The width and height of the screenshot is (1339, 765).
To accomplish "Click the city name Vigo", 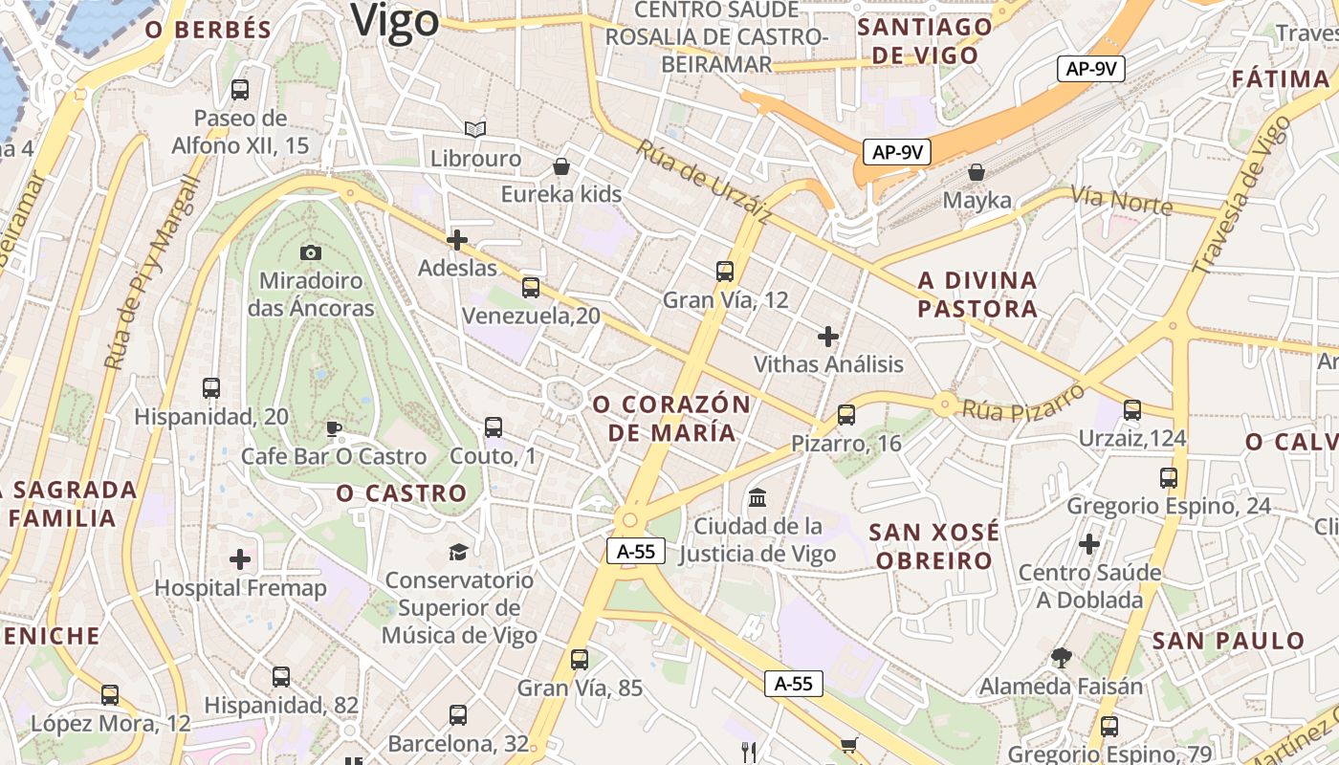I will click(395, 20).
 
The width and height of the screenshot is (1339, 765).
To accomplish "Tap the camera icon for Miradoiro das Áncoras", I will click(311, 252).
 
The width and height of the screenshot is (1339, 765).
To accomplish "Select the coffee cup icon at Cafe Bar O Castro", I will click(333, 427).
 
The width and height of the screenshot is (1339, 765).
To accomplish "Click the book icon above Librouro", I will click(475, 128).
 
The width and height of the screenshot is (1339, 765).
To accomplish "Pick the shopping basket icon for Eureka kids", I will click(561, 166).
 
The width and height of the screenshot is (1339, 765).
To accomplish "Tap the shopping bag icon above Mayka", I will click(977, 172).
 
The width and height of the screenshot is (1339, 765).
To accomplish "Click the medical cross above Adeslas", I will click(457, 240).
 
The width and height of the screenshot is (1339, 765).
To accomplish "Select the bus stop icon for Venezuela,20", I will click(531, 287).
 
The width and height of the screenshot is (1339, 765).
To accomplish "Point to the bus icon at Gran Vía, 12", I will click(725, 271).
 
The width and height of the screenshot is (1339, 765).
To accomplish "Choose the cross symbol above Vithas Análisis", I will click(828, 336).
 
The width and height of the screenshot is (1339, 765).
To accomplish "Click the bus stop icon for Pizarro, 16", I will click(846, 414).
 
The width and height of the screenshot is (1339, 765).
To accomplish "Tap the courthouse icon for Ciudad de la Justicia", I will click(758, 497).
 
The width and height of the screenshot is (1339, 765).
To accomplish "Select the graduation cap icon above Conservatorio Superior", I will click(459, 552).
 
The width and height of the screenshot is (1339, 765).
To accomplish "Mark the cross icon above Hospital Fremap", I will click(240, 558).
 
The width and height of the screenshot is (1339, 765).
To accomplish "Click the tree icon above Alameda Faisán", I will click(1061, 657).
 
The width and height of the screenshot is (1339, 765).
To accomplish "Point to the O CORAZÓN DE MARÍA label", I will click(672, 418).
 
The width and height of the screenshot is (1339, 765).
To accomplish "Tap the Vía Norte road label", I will click(1121, 201).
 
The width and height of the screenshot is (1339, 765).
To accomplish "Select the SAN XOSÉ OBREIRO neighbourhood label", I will click(934, 546).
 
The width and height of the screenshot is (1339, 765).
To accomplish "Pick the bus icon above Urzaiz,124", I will click(1132, 409).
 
